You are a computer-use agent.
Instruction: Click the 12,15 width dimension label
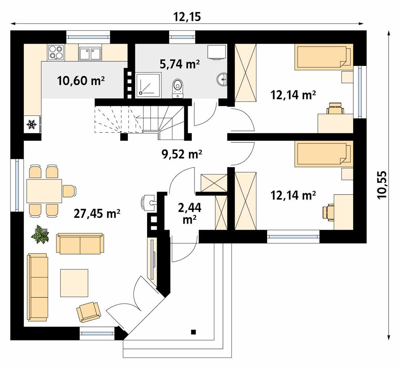(x=187, y=17)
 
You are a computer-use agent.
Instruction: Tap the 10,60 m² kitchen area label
(x=81, y=81)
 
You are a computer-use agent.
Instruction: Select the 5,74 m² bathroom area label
(x=180, y=64)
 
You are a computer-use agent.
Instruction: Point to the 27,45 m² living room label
(x=97, y=213)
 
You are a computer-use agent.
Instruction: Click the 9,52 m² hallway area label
(x=182, y=154)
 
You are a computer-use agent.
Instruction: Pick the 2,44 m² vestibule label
(x=190, y=214)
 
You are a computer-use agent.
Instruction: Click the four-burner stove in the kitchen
(x=56, y=52)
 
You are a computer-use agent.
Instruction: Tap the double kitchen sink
(x=90, y=53)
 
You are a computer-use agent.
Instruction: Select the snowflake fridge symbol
(x=32, y=124)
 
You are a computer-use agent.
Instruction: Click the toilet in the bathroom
(x=178, y=88)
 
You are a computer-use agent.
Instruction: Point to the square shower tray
(x=149, y=85)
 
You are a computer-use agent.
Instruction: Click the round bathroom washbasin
(x=222, y=79)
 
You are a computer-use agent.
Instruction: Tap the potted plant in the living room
(x=40, y=234)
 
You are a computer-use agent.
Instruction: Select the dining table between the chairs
(x=44, y=191)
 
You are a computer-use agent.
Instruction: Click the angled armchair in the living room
(x=89, y=312)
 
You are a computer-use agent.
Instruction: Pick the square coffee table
(x=74, y=283)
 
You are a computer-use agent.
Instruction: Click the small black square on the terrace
(x=193, y=332)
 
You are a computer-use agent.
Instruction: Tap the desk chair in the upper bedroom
(x=335, y=108)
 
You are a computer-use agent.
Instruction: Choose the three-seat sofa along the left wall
(x=38, y=287)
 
